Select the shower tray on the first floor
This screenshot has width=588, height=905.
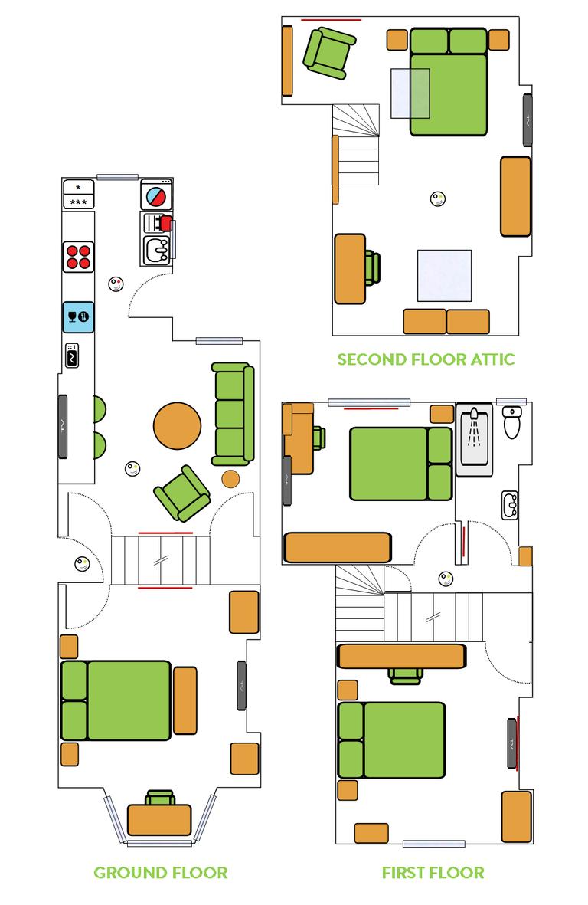(x=475, y=441)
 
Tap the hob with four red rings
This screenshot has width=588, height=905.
(x=77, y=256)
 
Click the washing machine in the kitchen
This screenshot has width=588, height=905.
(x=156, y=195)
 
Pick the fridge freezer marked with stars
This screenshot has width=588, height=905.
(x=78, y=195)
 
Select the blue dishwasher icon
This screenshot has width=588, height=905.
(x=77, y=316)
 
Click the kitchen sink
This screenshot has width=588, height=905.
(x=158, y=250)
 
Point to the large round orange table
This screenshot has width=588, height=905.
(x=177, y=426)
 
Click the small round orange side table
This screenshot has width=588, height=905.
(x=230, y=480)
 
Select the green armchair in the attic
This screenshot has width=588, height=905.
(x=329, y=51)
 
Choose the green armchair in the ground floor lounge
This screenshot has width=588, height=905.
(x=182, y=493)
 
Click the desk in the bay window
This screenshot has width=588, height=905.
(x=159, y=819)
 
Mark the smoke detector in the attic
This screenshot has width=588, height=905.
(x=437, y=199)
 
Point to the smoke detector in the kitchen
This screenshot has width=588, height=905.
(x=116, y=284)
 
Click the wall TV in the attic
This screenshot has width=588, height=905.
(x=528, y=120)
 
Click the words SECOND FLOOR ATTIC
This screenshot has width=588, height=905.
(x=426, y=359)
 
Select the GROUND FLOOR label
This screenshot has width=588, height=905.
(x=160, y=872)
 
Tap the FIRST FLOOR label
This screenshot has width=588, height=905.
(x=433, y=872)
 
